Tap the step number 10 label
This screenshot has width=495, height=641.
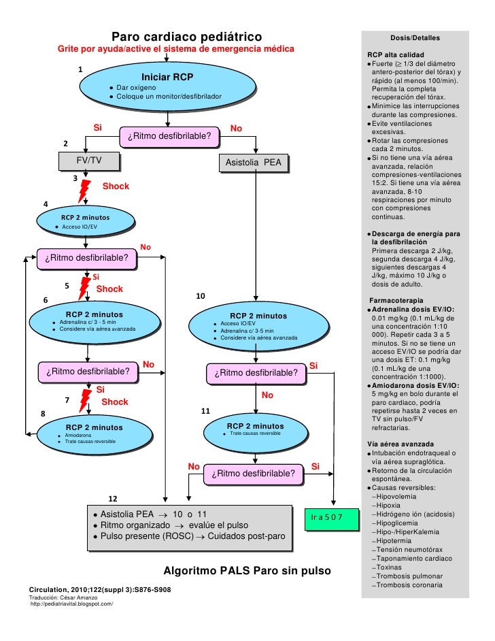coord(200,297)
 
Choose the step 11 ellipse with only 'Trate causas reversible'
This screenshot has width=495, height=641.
coord(256,430)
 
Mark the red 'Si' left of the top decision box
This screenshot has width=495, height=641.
coord(97,127)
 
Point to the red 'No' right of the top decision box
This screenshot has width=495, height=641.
coord(236,128)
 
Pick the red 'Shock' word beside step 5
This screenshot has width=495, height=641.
coord(109,289)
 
